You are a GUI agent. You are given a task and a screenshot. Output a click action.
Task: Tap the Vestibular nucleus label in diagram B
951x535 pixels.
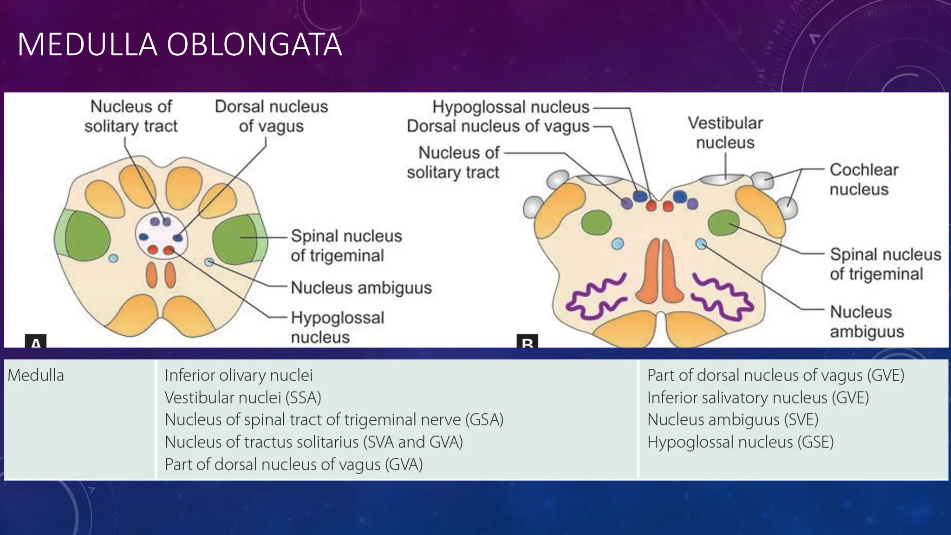click(x=725, y=133)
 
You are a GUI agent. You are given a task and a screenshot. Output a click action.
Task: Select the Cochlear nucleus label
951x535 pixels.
click(x=864, y=179)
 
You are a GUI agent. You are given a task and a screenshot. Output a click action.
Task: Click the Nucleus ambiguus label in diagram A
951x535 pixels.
click(x=361, y=288)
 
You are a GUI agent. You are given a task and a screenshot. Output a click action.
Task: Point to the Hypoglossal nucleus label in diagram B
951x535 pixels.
click(x=511, y=107)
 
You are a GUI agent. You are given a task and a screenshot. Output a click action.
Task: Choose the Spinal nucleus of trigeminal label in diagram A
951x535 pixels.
click(x=346, y=246)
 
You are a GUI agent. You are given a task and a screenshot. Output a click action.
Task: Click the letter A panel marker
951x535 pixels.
click(x=35, y=342)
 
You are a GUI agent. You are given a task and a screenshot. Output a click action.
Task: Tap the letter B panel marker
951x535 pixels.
click(x=528, y=342)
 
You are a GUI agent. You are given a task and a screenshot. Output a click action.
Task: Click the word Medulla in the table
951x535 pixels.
click(x=36, y=375)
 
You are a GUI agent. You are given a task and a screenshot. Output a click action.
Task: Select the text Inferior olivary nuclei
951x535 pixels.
click(x=239, y=375)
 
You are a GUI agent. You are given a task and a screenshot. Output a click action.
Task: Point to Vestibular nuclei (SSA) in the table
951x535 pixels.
click(x=243, y=398)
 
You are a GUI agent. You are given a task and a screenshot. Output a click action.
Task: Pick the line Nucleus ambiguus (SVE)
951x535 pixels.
click(x=732, y=420)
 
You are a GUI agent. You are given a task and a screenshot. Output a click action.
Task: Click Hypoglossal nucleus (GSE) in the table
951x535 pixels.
click(x=740, y=442)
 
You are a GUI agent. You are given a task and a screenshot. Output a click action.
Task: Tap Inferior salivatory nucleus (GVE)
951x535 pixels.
click(x=758, y=398)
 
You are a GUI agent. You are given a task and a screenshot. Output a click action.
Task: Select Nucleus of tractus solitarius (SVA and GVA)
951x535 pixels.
click(x=314, y=442)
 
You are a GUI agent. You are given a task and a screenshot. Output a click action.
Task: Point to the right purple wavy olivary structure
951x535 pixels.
click(x=722, y=297)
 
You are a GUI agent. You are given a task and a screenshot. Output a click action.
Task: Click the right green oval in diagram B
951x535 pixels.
click(x=724, y=223)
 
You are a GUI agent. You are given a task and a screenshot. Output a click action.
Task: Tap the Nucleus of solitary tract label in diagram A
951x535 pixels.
click(x=131, y=116)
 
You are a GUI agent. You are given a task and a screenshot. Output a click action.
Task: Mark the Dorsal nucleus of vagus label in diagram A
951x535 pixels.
click(x=271, y=116)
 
